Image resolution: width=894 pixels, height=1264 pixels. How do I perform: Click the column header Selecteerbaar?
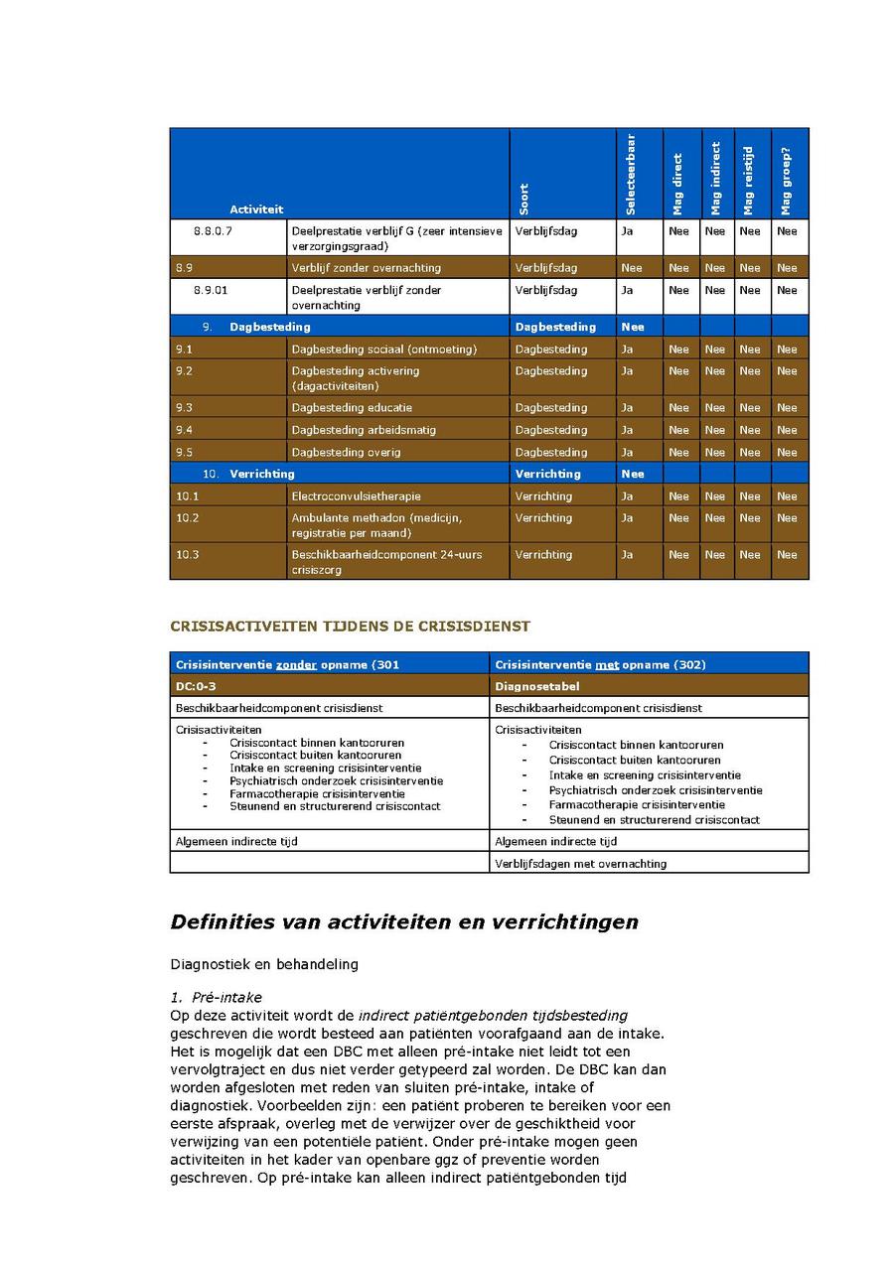tap(630, 175)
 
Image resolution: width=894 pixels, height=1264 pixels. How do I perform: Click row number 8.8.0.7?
tap(214, 231)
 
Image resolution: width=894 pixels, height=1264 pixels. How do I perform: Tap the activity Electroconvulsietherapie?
tap(356, 495)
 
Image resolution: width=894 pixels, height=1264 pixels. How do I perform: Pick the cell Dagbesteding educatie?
tap(352, 407)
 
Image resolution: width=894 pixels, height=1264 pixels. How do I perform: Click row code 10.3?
tap(188, 554)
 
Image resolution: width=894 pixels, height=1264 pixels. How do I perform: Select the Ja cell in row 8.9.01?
tap(627, 290)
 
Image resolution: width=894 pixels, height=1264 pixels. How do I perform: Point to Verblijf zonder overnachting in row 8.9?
tap(366, 267)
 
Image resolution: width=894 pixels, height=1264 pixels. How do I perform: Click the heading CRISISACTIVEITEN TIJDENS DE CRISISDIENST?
tap(351, 627)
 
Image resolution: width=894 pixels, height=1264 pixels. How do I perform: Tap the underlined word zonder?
tap(296, 664)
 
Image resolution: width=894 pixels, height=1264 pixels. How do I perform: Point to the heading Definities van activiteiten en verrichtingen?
tap(404, 921)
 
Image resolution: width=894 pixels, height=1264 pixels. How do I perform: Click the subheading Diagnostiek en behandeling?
tap(264, 963)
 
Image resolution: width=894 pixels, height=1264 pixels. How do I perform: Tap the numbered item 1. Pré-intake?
tap(216, 997)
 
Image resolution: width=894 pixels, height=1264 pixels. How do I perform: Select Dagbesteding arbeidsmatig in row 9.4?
tap(364, 430)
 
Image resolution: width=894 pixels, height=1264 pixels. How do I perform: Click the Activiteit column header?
tap(256, 209)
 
